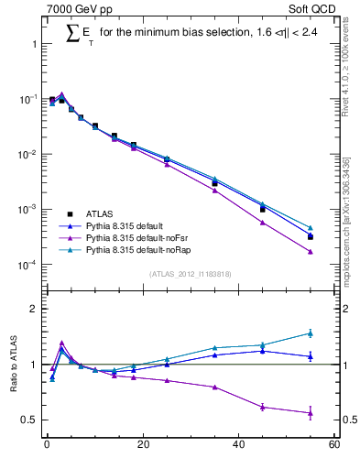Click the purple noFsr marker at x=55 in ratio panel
tap(311, 413)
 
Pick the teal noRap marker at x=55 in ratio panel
tap(311, 333)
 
